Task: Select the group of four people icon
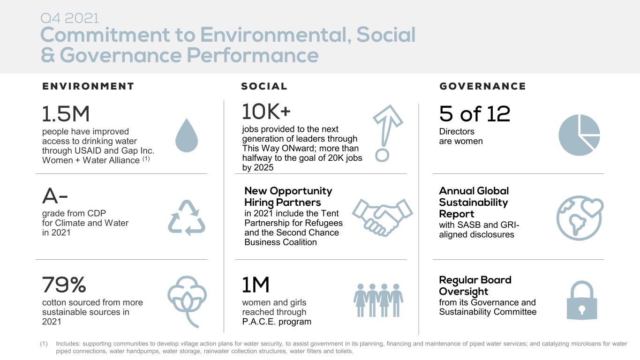click(378, 300)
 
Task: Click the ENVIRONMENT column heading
click(88, 86)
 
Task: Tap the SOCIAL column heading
click(264, 86)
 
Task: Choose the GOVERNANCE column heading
click(482, 86)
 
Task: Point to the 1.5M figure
click(66, 114)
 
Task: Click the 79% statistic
click(64, 285)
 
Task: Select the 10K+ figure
click(266, 112)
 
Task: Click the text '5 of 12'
click(474, 114)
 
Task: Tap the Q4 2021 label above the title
click(70, 19)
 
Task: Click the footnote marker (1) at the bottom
click(44, 344)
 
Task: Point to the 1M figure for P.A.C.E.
click(256, 285)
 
